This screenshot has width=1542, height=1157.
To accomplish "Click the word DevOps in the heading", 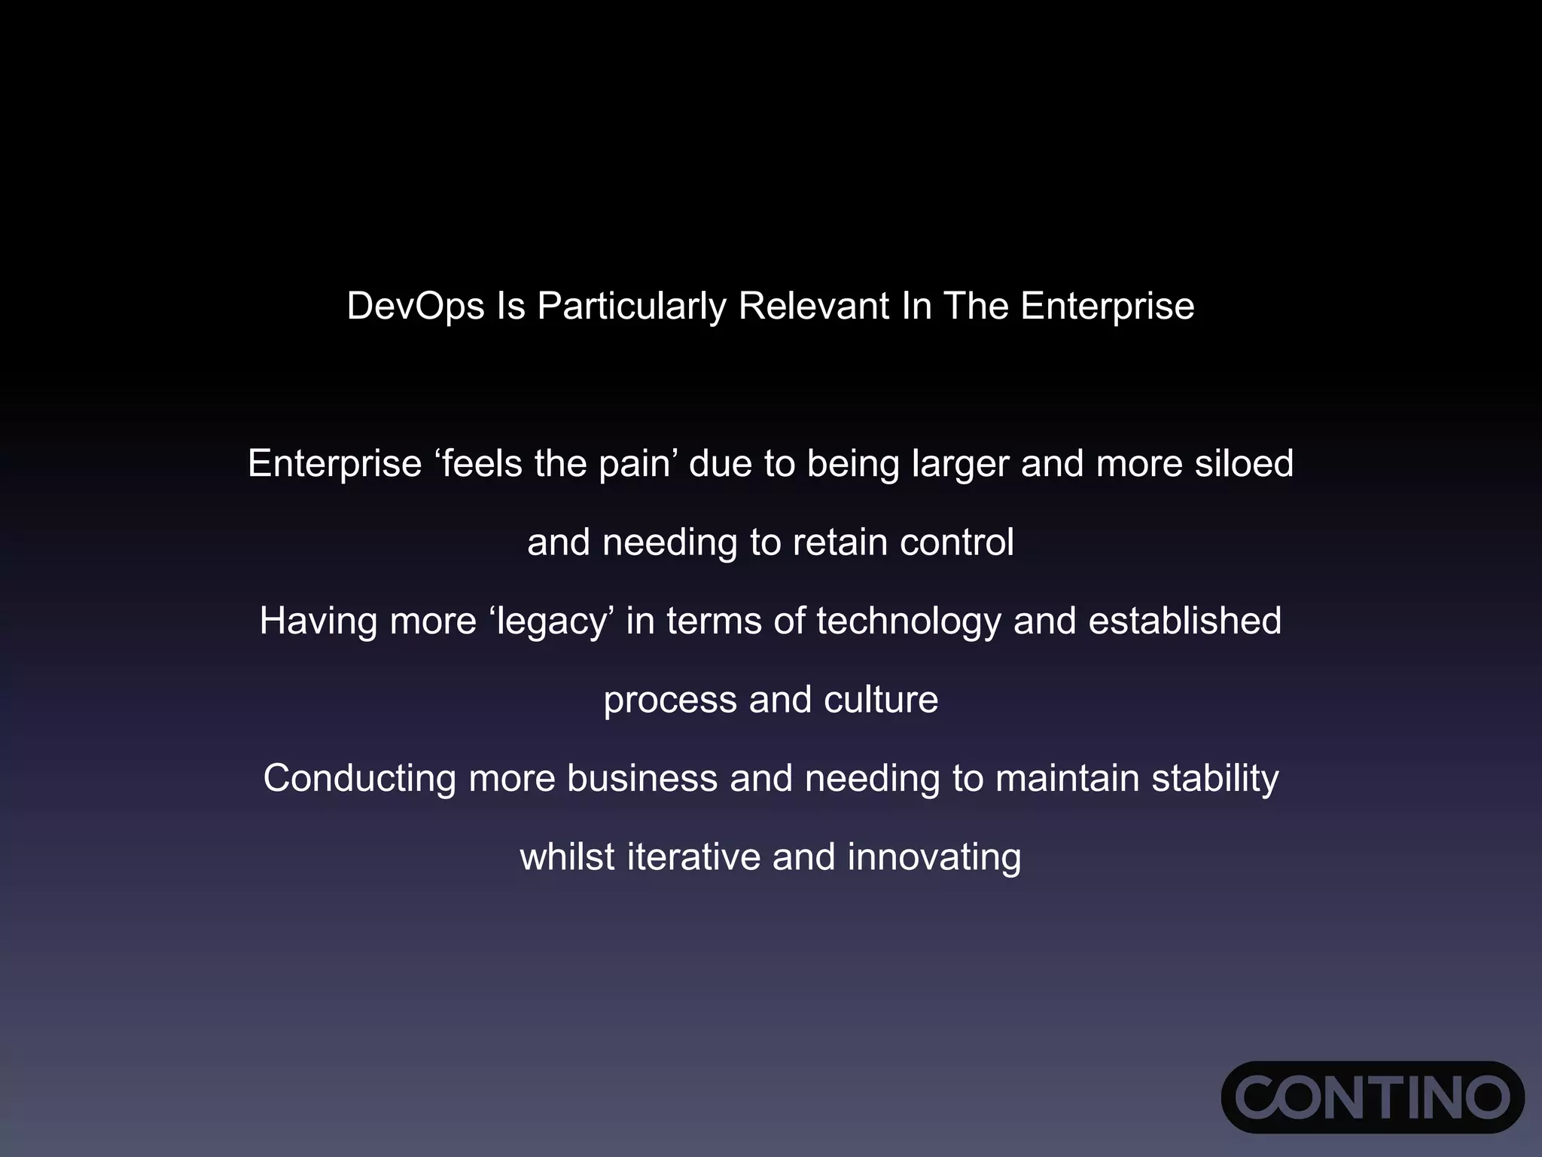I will [415, 307].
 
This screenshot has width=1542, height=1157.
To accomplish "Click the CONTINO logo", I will [1372, 1097].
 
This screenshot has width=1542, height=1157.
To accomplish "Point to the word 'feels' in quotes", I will [482, 463].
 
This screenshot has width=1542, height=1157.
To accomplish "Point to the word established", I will [1184, 621].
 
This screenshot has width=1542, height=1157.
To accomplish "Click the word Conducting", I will [359, 779].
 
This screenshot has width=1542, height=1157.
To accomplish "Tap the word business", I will [642, 778].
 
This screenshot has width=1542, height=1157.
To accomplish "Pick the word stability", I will [1214, 779].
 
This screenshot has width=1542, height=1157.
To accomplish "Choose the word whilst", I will [567, 857].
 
